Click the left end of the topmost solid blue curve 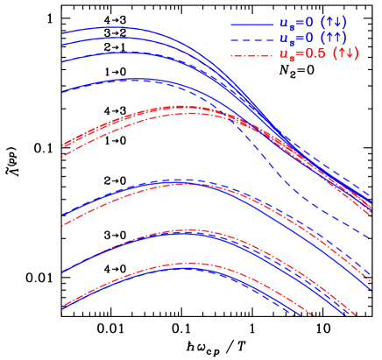pyautogui.click(x=63, y=33)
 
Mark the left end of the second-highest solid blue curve pyautogui.click(x=63, y=44)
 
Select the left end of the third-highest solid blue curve pyautogui.click(x=63, y=61)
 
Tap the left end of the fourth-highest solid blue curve pyautogui.click(x=63, y=91)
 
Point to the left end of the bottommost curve pyautogui.click(x=63, y=308)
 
